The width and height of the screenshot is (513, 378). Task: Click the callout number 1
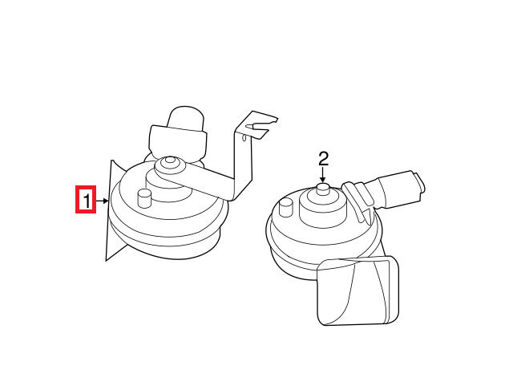[x=87, y=201]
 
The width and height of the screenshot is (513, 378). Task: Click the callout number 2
[x=323, y=159]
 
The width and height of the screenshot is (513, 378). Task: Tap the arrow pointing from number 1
[x=102, y=201]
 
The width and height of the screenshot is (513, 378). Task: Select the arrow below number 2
[x=323, y=175]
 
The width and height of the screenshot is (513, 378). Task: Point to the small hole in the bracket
[x=244, y=138]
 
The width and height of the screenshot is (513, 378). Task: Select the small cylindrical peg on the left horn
[x=144, y=197]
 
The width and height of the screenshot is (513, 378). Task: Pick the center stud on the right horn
[x=322, y=189]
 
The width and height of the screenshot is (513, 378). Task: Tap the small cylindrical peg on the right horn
[x=286, y=208]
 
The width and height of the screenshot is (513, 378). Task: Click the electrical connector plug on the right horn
[x=399, y=189]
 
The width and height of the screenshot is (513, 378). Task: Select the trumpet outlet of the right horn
[x=358, y=291]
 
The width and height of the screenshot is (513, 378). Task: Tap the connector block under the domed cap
[x=178, y=141]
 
